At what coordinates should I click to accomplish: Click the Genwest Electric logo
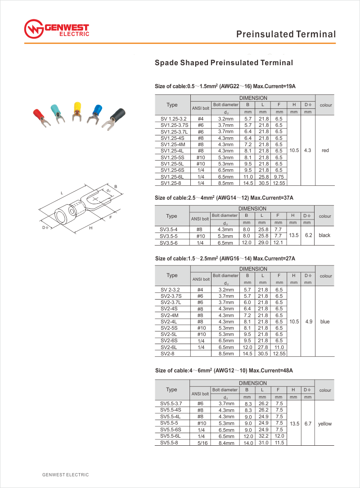pos(57,30)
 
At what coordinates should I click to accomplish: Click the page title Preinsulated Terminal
pos(286,34)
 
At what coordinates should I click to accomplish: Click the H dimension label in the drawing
pos(90,228)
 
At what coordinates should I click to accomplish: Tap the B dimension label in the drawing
pos(116,186)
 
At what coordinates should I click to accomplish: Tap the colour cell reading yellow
pos(324,424)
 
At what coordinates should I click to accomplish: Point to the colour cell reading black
pos(324,235)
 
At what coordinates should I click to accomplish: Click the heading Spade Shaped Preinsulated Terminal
pos(224,63)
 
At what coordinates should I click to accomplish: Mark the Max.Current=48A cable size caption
pos(224,371)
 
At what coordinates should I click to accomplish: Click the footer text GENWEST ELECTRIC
pos(66,475)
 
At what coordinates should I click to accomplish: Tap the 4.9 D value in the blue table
pos(308,322)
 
